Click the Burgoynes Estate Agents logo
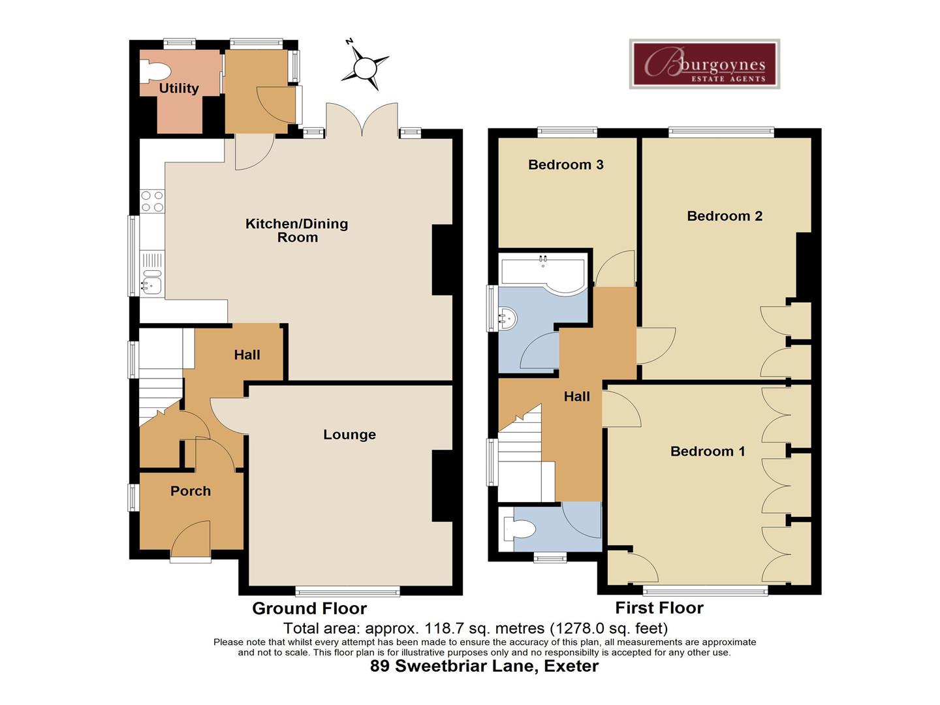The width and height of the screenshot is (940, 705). [704, 64]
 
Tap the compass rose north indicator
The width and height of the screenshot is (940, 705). [365, 67]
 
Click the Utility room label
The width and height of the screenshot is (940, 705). [179, 88]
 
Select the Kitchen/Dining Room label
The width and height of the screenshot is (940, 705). [297, 230]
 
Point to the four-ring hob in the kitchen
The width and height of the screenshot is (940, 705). [152, 201]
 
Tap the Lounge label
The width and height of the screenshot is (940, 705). [349, 435]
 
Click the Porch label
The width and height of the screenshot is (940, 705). [191, 491]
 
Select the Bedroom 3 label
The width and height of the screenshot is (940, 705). [565, 164]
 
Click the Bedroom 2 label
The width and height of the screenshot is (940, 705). [725, 216]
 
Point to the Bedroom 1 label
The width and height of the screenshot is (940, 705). [708, 451]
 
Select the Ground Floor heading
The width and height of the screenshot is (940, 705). [309, 608]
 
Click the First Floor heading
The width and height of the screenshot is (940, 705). [659, 608]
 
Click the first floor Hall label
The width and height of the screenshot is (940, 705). [576, 396]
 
